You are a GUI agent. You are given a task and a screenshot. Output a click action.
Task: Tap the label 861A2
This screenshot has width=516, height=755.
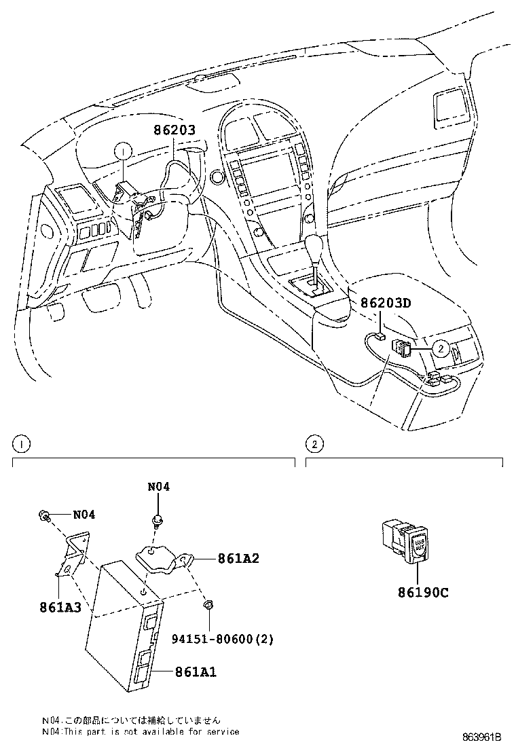pos(239,559)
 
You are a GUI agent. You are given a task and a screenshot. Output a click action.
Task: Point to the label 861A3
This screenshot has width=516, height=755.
pos(60,607)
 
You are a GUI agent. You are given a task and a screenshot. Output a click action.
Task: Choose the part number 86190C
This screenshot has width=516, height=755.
pos(423,591)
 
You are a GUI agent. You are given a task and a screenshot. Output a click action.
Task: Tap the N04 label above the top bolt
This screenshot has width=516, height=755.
pos(158,487)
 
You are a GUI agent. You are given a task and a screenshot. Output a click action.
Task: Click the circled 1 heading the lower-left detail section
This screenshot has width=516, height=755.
pos(21,445)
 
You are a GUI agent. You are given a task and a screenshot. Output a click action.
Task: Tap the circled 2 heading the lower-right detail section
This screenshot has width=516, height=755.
pos(314,445)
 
